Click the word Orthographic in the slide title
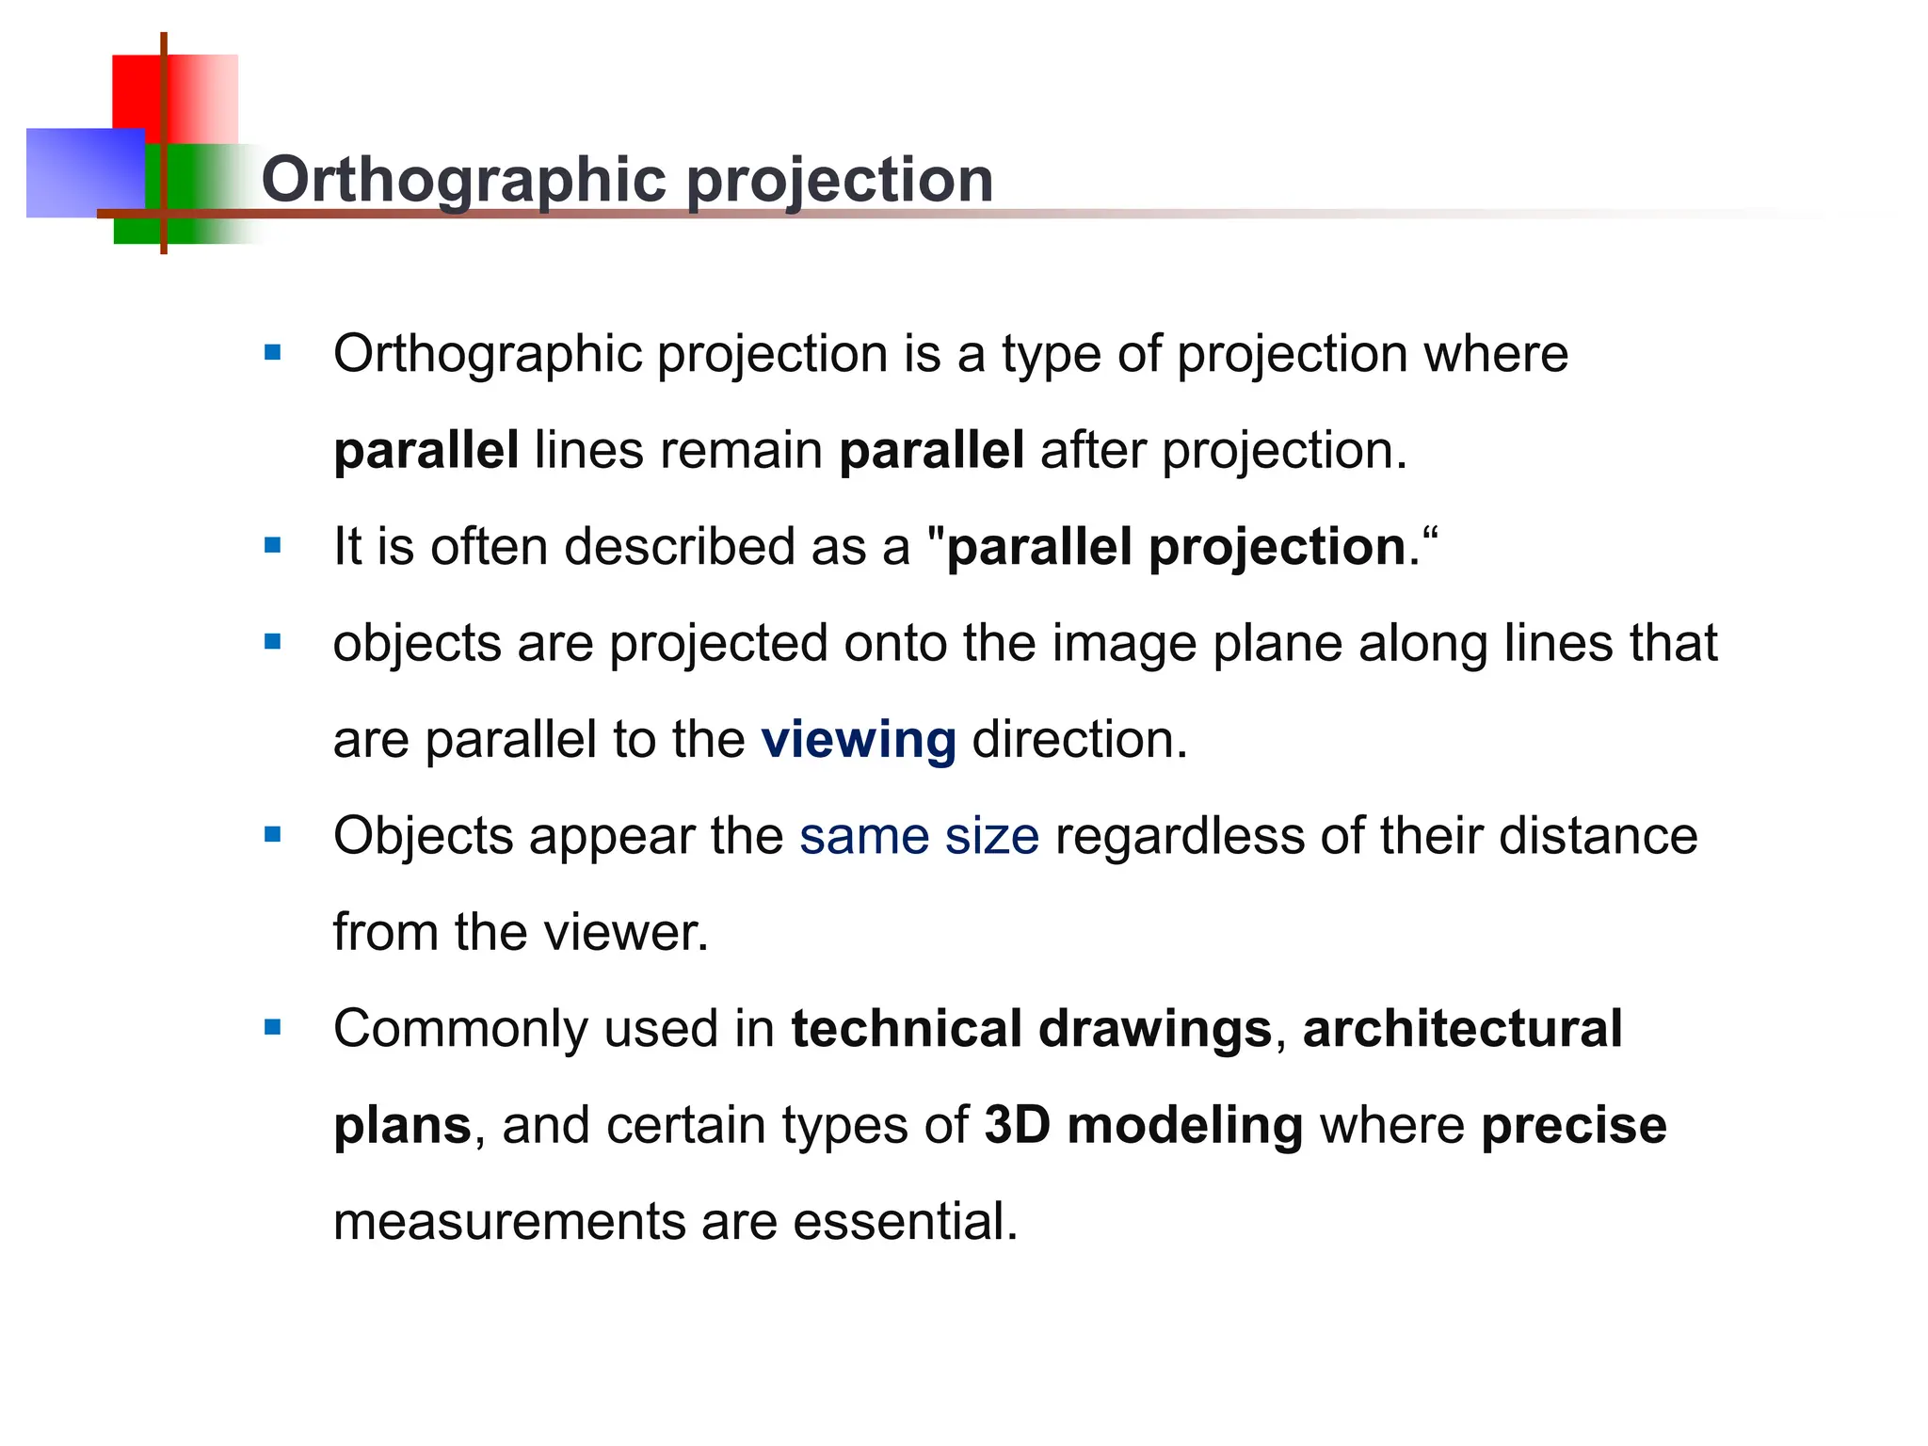[x=467, y=179]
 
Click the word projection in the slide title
[x=840, y=179]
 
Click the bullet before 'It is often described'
[x=273, y=545]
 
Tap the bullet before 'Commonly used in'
[x=273, y=1027]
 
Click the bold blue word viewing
[x=858, y=739]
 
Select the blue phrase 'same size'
[x=919, y=836]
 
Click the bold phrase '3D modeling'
[x=1143, y=1125]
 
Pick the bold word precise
[x=1573, y=1125]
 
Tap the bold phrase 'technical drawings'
[x=1031, y=1028]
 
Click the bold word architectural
[x=1462, y=1028]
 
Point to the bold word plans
[x=402, y=1125]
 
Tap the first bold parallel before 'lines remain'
[x=426, y=450]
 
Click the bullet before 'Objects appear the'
[x=273, y=834]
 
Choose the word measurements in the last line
[x=508, y=1221]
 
